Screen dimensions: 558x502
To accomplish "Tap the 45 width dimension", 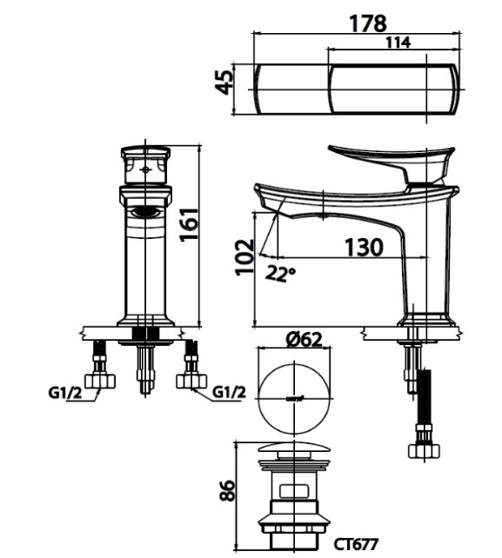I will (x=224, y=84).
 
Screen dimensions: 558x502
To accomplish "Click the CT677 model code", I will (x=356, y=544).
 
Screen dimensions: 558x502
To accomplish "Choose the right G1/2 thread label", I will (x=229, y=392).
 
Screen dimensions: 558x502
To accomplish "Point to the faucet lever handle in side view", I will (x=392, y=161).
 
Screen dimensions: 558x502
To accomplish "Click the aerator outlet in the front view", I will (x=145, y=211).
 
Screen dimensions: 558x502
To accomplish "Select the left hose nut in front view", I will (x=101, y=380).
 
